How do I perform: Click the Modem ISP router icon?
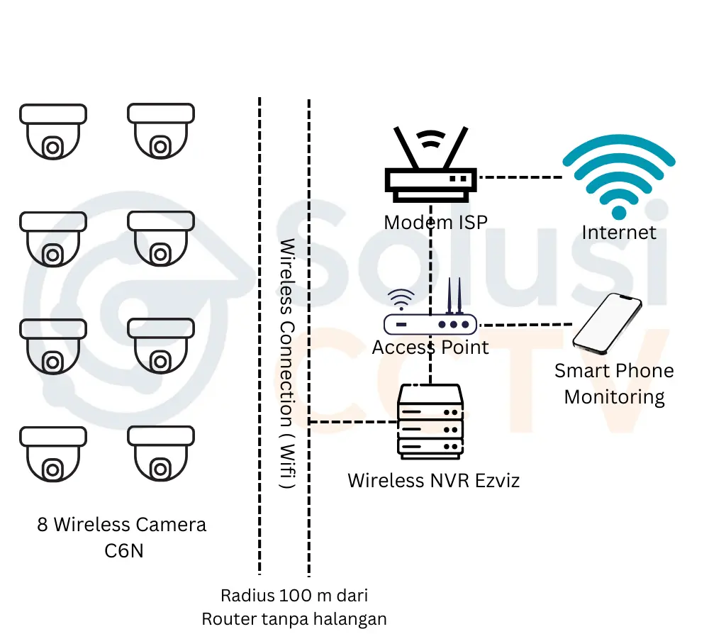(430, 167)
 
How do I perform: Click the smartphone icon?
(608, 323)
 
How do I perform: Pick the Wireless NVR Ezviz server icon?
(430, 422)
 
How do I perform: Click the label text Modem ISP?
(435, 223)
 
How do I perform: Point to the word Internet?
(619, 232)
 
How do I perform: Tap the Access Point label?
(430, 347)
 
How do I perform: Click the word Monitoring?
(614, 396)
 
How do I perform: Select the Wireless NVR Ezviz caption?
(433, 480)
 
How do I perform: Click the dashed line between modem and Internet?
(520, 177)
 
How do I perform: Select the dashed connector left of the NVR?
(353, 422)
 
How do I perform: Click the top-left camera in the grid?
(53, 131)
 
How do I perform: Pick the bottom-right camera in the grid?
(161, 453)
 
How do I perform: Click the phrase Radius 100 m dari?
(294, 594)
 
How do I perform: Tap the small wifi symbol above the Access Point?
(401, 300)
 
